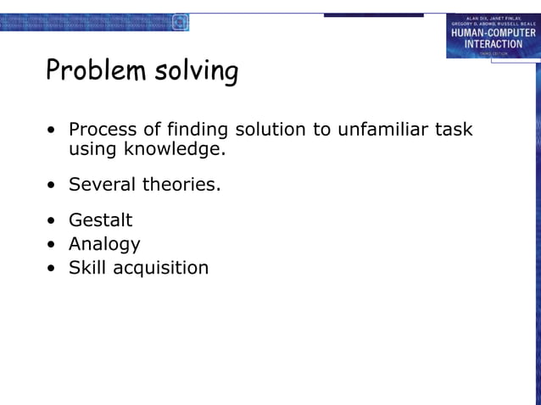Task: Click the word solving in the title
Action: pyautogui.click(x=197, y=72)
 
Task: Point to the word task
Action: pyautogui.click(x=455, y=130)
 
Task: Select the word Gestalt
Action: pyautogui.click(x=100, y=220)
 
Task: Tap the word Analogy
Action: pyautogui.click(x=104, y=245)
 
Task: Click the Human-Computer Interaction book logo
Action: pyautogui.click(x=493, y=36)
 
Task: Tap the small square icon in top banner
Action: pyautogui.click(x=180, y=23)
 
